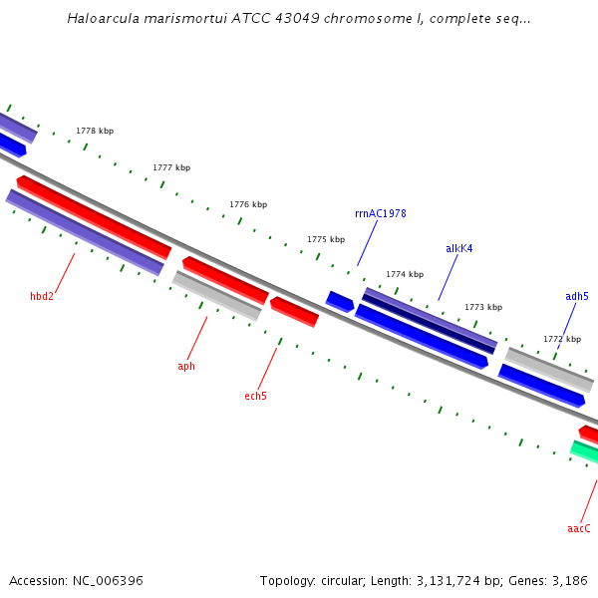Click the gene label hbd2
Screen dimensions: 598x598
42,296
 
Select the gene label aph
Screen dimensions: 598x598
186,366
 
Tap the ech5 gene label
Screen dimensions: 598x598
255,396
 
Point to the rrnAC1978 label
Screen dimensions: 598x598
380,213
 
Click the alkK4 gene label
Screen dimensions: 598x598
458,248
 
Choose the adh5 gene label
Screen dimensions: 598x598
576,296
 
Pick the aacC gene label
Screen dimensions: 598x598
579,528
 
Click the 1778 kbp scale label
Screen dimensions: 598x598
95,131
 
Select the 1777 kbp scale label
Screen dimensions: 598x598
171,167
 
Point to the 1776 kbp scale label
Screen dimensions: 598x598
248,204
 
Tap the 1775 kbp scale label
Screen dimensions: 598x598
326,239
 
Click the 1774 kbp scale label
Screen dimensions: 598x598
405,274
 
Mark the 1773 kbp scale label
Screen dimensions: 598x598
483,307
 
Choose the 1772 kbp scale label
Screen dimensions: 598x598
562,339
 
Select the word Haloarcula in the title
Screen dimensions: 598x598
104,18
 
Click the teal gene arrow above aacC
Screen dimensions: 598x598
584,452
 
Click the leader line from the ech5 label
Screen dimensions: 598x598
267,369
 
